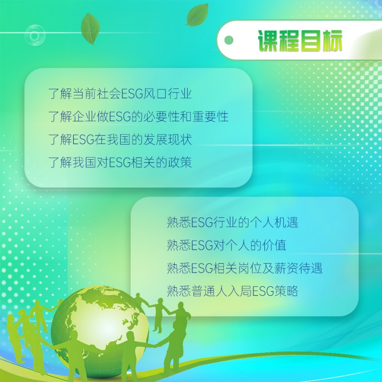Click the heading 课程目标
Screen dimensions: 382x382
pos(300,41)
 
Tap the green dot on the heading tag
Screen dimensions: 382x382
pos(228,40)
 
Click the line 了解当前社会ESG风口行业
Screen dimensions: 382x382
pos(120,94)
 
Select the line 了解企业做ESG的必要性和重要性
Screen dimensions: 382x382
pos(138,116)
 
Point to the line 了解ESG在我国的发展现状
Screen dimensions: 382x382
pos(120,139)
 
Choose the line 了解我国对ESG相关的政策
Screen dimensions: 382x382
pos(120,162)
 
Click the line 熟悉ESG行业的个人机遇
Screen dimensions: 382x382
pos(232,222)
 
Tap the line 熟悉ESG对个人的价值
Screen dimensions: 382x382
pos(226,245)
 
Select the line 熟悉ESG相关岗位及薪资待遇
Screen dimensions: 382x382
pos(244,268)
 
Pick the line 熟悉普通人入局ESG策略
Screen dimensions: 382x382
pos(232,291)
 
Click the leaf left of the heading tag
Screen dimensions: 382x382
pos(198,15)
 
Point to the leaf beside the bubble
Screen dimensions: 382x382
pos(90,29)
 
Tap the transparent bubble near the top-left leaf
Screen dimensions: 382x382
pos(35,36)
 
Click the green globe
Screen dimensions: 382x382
pos(100,331)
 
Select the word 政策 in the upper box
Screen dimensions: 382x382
pos(180,162)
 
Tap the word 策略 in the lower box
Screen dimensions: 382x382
pos(286,291)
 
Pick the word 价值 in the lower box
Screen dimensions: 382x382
pos(274,245)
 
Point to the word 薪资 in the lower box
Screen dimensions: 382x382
pos(286,268)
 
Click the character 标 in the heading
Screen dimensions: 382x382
pos(332,41)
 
